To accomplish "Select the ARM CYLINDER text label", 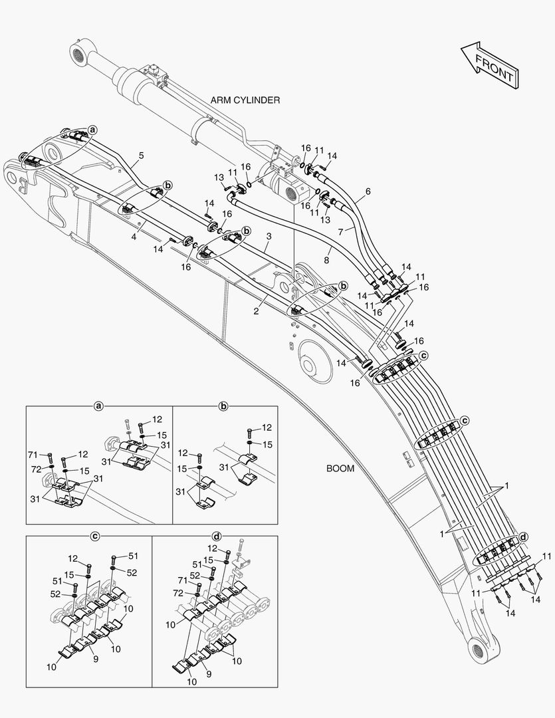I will (245, 100).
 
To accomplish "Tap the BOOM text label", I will (340, 468).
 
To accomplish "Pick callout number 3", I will (269, 236).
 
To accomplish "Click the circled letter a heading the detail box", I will (98, 405).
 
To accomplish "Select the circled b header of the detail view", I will (224, 405).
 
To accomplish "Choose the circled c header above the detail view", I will (95, 535).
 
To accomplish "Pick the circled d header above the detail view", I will (216, 535).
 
